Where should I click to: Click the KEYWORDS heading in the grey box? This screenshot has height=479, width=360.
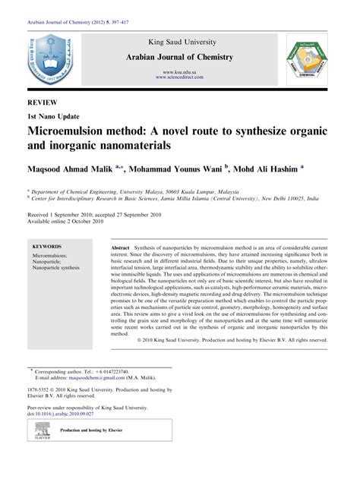click(x=48, y=248)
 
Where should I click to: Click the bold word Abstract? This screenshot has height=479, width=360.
click(x=121, y=249)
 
